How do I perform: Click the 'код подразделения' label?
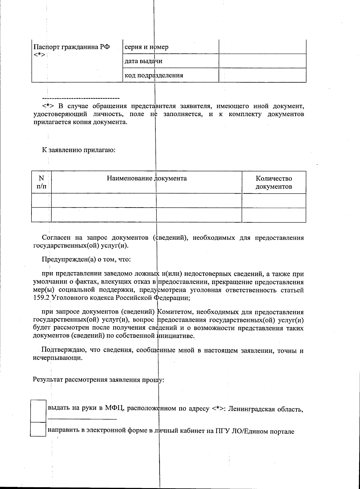(154, 75)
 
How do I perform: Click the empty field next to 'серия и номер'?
(262, 47)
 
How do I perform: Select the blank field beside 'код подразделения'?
(262, 75)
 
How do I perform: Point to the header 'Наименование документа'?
(147, 178)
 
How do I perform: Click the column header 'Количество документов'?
(274, 182)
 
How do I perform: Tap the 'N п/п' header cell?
(41, 182)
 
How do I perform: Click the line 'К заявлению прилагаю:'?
(79, 150)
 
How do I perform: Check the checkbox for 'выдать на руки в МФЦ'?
(38, 410)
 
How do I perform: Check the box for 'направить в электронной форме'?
(38, 429)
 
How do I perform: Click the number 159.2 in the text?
(40, 298)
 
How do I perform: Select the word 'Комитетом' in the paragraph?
(172, 312)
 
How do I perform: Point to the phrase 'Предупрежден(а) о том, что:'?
(86, 259)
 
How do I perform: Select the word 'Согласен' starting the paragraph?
(56, 238)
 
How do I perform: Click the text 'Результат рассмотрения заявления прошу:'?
(98, 380)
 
